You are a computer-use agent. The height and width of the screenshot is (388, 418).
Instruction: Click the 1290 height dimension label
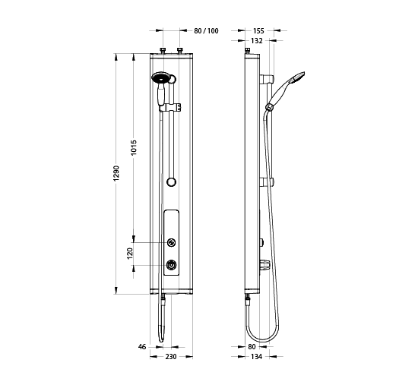tap(117, 174)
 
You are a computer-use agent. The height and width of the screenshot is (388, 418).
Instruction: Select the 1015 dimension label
tap(134, 147)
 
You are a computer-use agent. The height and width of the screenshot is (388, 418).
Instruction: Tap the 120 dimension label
tap(130, 254)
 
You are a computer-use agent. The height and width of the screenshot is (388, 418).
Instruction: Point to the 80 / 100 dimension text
tap(206, 31)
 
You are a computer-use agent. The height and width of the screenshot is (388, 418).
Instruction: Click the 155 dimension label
tap(258, 31)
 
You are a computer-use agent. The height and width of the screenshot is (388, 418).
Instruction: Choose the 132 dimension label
tap(257, 41)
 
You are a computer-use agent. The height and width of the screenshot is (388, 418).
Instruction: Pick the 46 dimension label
tap(142, 347)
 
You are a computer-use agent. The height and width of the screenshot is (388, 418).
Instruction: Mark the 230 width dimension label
tap(171, 357)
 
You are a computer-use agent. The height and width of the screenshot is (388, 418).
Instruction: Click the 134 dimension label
tap(256, 357)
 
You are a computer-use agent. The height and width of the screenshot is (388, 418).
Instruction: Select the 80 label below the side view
tap(252, 347)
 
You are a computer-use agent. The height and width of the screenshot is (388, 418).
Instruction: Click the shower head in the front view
tap(160, 77)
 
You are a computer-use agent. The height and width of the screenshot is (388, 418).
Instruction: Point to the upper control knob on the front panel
tap(171, 242)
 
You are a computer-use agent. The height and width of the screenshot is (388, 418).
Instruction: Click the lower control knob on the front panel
tap(171, 265)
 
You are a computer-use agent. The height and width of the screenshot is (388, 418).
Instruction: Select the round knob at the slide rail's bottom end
tap(171, 182)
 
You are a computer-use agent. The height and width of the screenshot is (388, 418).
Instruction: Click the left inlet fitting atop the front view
tap(163, 51)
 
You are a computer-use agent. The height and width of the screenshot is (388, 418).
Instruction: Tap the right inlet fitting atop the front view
tap(180, 51)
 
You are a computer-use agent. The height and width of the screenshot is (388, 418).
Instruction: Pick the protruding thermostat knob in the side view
tap(264, 265)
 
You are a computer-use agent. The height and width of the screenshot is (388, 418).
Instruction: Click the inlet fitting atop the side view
tap(248, 51)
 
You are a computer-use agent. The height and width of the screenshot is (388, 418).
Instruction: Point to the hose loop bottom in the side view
tap(262, 341)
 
